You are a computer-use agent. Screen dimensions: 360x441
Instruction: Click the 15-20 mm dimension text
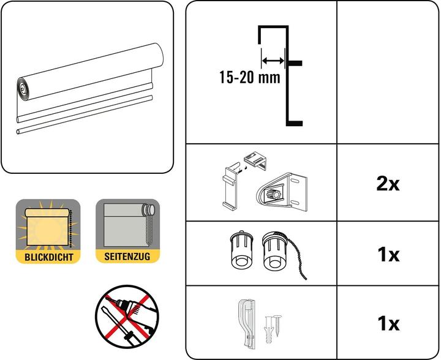point(249,78)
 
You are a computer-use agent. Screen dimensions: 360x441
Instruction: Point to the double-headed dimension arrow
point(273,60)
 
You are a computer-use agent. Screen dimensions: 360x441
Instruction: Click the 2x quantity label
point(387,184)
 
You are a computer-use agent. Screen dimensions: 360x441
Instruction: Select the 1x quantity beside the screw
point(387,322)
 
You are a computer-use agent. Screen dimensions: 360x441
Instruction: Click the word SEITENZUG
point(127,258)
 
